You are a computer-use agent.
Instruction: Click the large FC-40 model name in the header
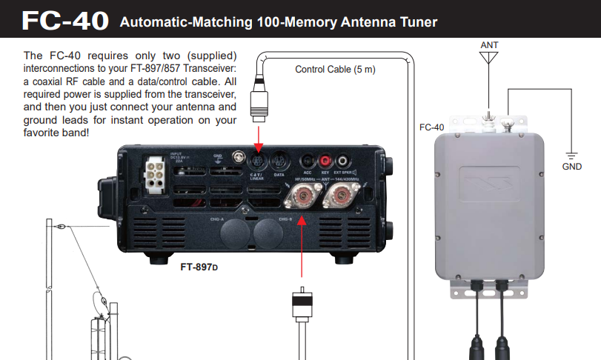(x=66, y=20)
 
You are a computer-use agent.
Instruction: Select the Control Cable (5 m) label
(x=336, y=70)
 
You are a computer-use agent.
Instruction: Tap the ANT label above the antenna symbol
(x=489, y=45)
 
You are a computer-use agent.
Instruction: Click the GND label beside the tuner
(x=571, y=166)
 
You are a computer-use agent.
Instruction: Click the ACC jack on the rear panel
(x=308, y=159)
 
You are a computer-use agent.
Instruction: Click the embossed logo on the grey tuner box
(x=490, y=180)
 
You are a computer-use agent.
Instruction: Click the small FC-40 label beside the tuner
(x=431, y=127)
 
